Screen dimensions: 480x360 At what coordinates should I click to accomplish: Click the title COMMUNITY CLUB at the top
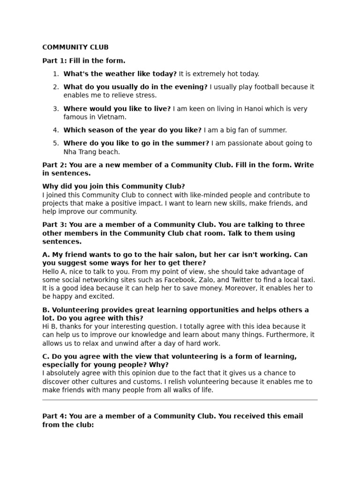point(75,47)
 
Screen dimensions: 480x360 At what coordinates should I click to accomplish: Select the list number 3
point(56,109)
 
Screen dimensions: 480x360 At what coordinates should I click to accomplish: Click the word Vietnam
point(112,117)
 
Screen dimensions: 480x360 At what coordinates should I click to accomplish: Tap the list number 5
point(56,143)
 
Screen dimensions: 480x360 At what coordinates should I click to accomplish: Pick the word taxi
point(307,280)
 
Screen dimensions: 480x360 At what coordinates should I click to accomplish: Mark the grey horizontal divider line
point(180,400)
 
